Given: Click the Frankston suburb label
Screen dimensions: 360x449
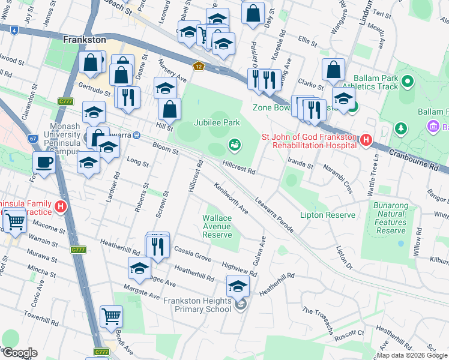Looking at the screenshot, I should (x=84, y=40).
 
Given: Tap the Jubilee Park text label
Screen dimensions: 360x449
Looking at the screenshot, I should (x=217, y=122).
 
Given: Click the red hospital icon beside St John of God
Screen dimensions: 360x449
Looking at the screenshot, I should (x=366, y=141).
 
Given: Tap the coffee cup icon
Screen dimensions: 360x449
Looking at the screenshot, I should (x=44, y=162).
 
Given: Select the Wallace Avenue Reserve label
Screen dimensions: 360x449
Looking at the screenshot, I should (x=217, y=226).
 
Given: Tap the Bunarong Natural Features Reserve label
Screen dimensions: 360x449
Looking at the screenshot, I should (x=391, y=218).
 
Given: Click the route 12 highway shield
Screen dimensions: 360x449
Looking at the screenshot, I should (x=198, y=66).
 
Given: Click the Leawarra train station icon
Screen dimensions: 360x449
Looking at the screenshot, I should (x=137, y=135).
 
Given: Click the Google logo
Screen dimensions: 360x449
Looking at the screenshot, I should (x=19, y=353).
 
